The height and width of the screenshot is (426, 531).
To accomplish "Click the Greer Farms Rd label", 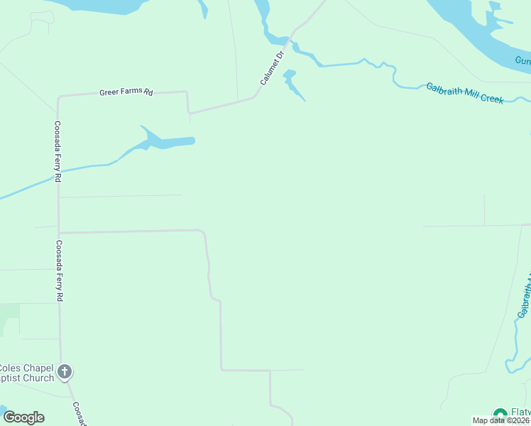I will [x=126, y=92].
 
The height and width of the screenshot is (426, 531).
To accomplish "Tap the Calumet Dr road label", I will [x=272, y=67].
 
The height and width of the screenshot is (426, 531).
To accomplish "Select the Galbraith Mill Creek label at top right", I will [x=464, y=93].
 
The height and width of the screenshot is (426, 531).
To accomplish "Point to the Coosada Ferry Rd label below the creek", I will [x=58, y=271].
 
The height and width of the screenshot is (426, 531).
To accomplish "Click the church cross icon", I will [x=65, y=371].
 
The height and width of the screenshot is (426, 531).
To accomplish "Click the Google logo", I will [x=23, y=417].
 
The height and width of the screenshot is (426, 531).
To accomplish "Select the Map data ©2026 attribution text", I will [x=501, y=420].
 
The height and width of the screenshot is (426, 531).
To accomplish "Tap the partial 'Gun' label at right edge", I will [x=522, y=62].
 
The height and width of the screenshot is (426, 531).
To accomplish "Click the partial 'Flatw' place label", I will [x=520, y=412].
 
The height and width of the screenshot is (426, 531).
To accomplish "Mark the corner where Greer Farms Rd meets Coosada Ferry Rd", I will [x=58, y=96].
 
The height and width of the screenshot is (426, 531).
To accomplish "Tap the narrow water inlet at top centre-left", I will [x=204, y=9].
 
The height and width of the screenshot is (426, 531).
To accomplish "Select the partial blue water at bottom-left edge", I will [x=2, y=412].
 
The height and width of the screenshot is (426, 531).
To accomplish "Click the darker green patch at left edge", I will [x=9, y=311].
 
